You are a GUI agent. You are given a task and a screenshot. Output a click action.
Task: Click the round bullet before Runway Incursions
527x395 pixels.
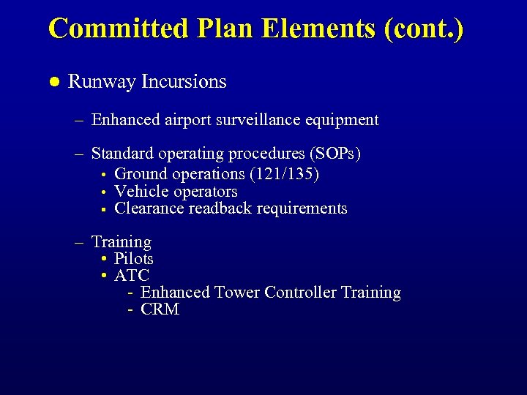coord(53,81)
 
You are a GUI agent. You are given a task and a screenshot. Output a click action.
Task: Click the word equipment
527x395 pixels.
coord(345,120)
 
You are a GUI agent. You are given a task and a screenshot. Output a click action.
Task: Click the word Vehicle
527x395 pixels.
coord(142,192)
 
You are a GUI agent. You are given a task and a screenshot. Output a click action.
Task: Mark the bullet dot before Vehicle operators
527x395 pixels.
coord(104,192)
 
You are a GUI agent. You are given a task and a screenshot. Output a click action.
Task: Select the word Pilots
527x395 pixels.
coord(134,259)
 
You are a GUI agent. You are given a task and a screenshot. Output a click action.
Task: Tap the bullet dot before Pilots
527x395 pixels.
coord(105,260)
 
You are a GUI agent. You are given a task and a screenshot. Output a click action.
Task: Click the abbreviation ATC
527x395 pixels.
coord(132,276)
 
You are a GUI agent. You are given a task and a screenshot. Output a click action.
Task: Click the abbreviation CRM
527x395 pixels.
coord(160,309)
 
